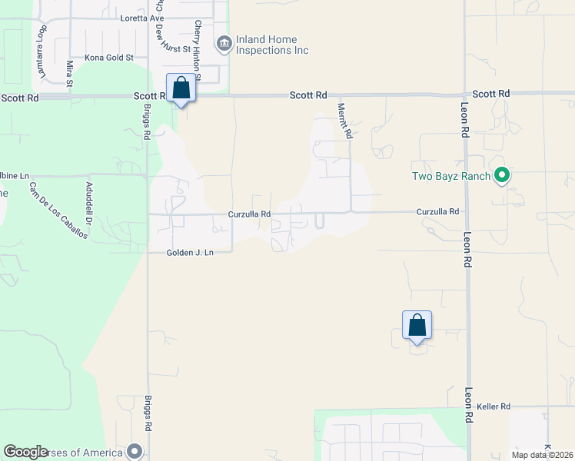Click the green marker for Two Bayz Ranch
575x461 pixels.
tap(502, 176)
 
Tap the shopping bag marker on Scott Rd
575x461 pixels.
tap(181, 88)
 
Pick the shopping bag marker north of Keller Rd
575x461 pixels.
tap(417, 325)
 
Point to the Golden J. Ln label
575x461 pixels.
tap(189, 253)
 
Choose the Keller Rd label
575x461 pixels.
tap(494, 406)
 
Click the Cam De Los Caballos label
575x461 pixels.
tap(58, 211)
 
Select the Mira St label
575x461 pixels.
tap(69, 72)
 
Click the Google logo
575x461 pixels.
tap(25, 452)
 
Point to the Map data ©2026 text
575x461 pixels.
tap(543, 455)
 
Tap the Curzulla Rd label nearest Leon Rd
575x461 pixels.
tap(437, 211)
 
